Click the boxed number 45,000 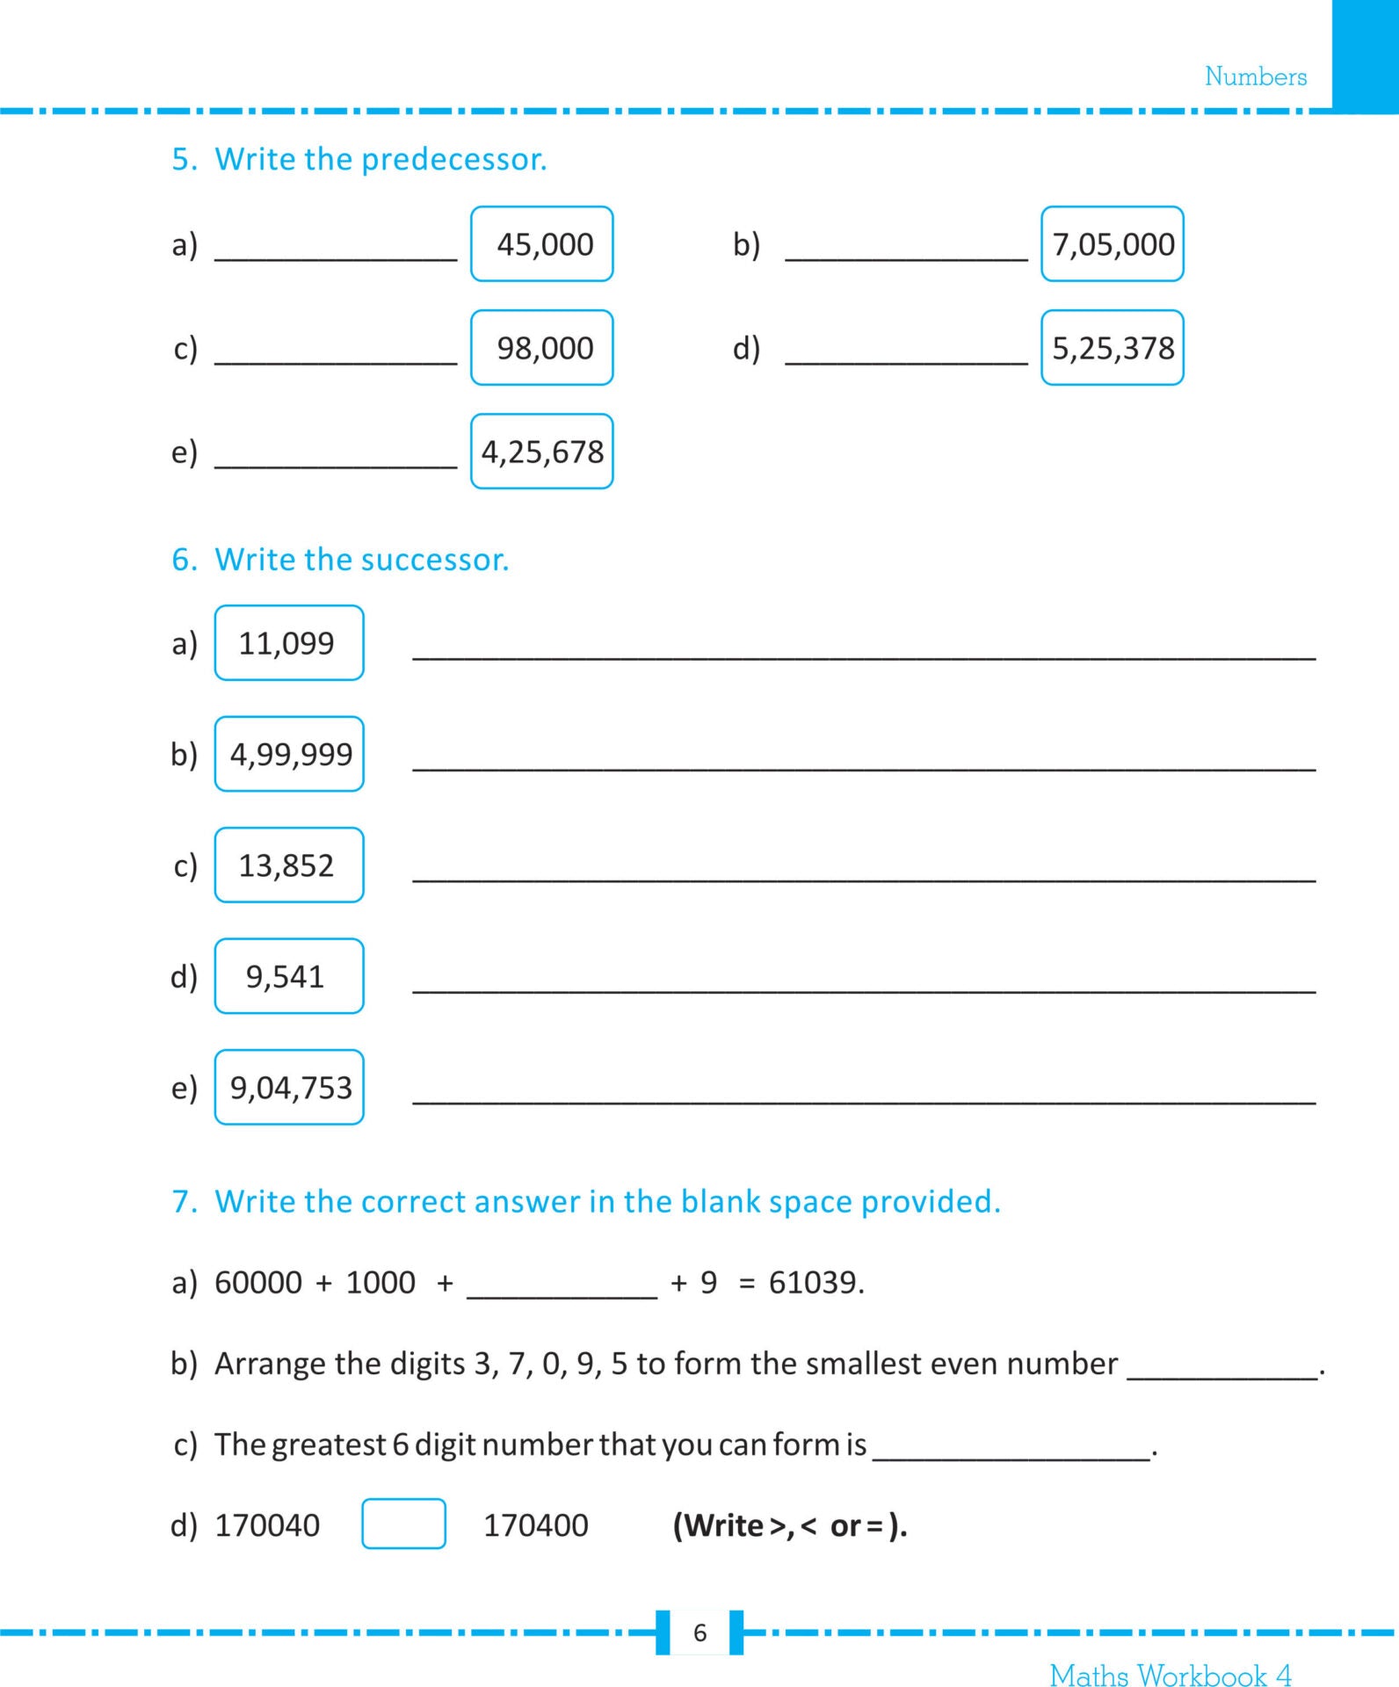pyautogui.click(x=542, y=244)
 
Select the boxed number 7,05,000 pyautogui.click(x=1113, y=244)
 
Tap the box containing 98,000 pyautogui.click(x=542, y=348)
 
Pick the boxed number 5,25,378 pyautogui.click(x=1113, y=348)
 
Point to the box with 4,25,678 pyautogui.click(x=542, y=452)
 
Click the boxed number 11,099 pyautogui.click(x=289, y=643)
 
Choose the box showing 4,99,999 pyautogui.click(x=289, y=754)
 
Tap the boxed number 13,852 pyautogui.click(x=289, y=865)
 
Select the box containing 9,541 pyautogui.click(x=289, y=976)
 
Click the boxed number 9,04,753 pyautogui.click(x=289, y=1088)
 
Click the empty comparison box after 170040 pyautogui.click(x=403, y=1524)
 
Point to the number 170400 pyautogui.click(x=536, y=1525)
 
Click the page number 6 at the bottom pyautogui.click(x=699, y=1633)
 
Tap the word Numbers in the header pyautogui.click(x=1255, y=77)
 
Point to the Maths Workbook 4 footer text pyautogui.click(x=1171, y=1675)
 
